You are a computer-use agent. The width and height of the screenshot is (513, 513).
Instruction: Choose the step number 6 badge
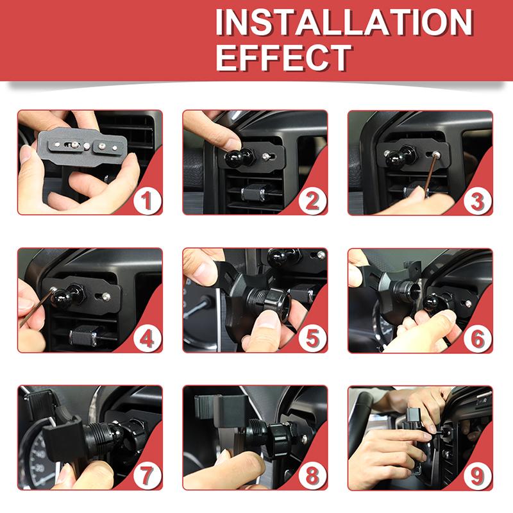coord(477,339)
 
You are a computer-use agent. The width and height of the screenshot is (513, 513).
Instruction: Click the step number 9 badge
coord(477,476)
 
